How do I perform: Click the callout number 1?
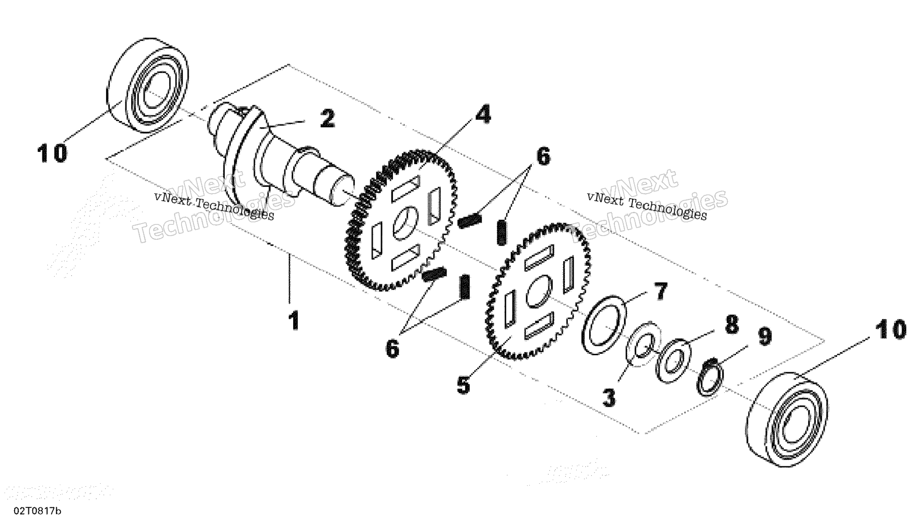(x=294, y=321)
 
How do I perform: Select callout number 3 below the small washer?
(x=609, y=397)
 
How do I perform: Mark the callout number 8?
(x=731, y=324)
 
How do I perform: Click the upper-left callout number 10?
(x=52, y=153)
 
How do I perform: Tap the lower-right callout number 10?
(x=890, y=330)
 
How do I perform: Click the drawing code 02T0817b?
(x=37, y=510)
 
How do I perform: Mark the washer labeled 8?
(x=673, y=360)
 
